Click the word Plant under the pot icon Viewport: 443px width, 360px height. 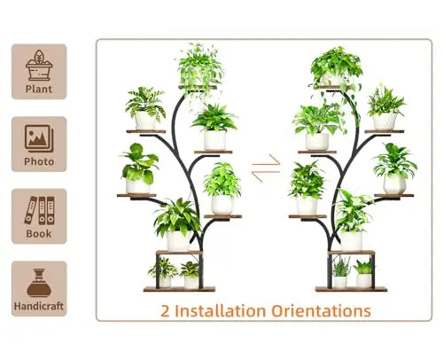tap(39, 89)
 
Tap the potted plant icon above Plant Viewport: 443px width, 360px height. tap(39, 66)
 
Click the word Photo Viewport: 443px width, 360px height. tap(39, 161)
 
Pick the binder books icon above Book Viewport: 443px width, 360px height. tap(40, 210)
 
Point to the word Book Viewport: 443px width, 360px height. tap(39, 233)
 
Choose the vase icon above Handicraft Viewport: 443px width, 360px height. tap(39, 283)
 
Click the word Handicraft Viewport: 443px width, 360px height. tap(39, 306)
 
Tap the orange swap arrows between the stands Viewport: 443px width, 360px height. tap(266, 168)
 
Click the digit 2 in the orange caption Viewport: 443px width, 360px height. tap(165, 311)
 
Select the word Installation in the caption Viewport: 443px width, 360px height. tap(220, 310)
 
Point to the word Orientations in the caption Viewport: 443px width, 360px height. tap(321, 310)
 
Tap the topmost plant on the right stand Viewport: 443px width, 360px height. tap(336, 68)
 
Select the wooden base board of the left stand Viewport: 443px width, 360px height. tap(179, 289)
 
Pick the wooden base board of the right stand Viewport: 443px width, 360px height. tap(351, 289)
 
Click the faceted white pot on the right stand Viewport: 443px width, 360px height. tap(394, 184)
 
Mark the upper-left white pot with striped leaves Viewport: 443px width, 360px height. tap(145, 121)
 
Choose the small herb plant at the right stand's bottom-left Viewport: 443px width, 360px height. tap(340, 272)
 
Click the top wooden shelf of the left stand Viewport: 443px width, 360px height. tap(198, 87)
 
